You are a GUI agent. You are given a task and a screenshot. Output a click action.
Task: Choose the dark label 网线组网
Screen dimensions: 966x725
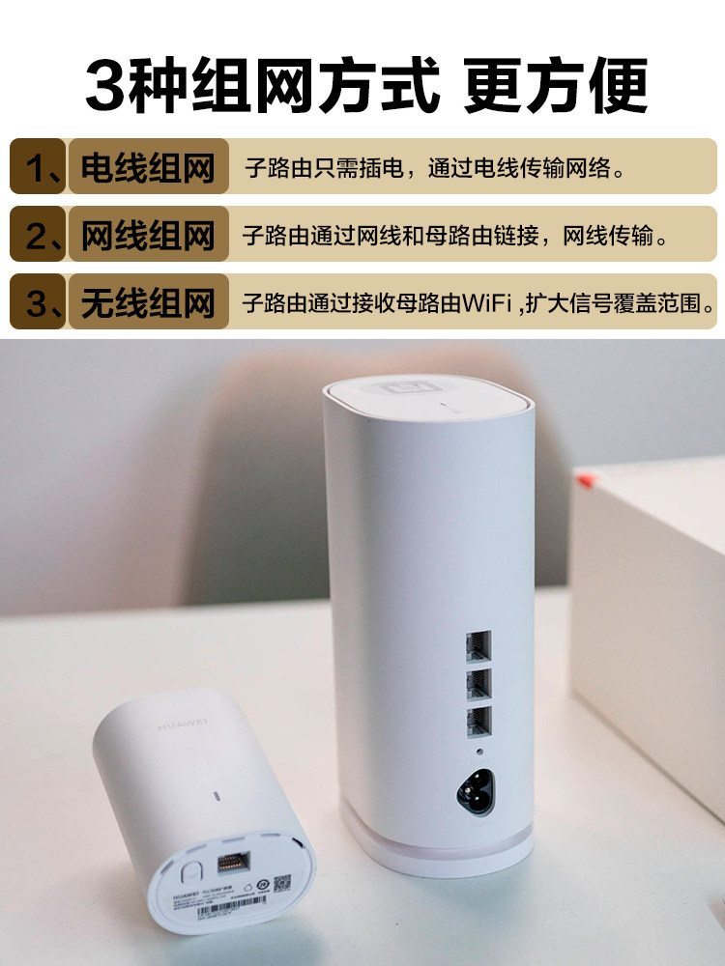click(147, 235)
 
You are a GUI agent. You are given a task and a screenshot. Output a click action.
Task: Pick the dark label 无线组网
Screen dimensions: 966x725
click(147, 302)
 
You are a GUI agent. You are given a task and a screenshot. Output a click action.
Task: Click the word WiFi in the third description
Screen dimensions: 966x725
click(488, 302)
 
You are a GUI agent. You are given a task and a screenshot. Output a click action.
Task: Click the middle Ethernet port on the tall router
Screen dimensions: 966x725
click(478, 685)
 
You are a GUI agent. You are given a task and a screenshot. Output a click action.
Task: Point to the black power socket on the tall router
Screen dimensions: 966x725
click(477, 790)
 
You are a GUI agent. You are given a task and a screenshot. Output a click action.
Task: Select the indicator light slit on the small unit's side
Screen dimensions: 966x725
click(217, 797)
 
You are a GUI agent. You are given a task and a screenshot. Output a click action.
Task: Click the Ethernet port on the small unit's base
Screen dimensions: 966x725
click(231, 864)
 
